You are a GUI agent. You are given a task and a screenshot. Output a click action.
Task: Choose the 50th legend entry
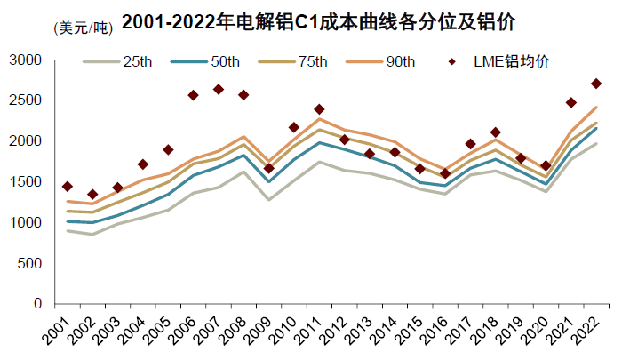click(x=210, y=61)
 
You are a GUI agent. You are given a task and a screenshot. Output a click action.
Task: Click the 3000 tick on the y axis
click(x=26, y=60)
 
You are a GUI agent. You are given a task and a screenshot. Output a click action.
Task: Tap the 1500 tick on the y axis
click(x=26, y=182)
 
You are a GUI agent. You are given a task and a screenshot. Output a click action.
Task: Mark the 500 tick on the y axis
click(x=30, y=263)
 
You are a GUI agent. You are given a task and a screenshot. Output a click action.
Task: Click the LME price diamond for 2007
click(x=219, y=89)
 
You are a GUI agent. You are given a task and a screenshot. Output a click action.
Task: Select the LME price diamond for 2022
click(x=596, y=84)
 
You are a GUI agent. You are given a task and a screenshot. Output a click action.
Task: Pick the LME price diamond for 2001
click(x=68, y=186)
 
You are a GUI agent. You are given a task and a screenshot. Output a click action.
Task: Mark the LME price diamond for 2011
click(x=319, y=109)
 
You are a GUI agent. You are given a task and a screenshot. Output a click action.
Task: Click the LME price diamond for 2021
click(x=571, y=102)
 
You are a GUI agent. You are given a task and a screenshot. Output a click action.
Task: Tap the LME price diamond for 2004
click(x=143, y=164)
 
